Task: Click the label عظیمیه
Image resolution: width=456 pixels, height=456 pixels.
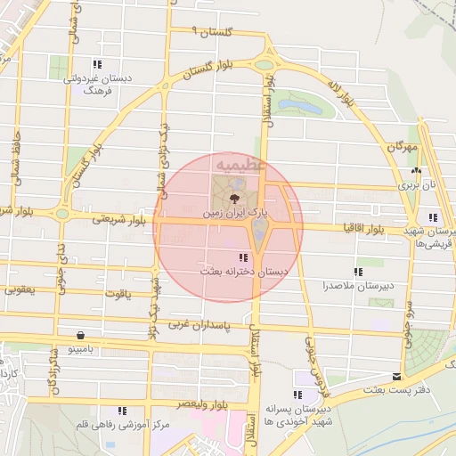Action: click(x=240, y=165)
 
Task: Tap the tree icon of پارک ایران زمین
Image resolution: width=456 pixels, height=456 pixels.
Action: click(x=234, y=198)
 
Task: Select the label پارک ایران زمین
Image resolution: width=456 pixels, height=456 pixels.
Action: click(x=234, y=215)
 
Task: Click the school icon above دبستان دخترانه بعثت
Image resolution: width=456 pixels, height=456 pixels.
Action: click(x=244, y=257)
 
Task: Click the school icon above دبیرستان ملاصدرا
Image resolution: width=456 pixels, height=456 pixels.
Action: click(x=358, y=272)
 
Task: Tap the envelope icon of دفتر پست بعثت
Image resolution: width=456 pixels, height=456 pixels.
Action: click(x=396, y=377)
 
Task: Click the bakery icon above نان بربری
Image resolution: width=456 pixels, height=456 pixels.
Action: click(x=415, y=171)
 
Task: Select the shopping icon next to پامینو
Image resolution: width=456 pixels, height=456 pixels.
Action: click(x=82, y=336)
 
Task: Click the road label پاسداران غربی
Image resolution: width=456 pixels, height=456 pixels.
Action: click(x=201, y=325)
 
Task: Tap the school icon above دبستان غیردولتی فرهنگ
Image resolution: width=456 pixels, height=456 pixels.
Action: click(x=96, y=64)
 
